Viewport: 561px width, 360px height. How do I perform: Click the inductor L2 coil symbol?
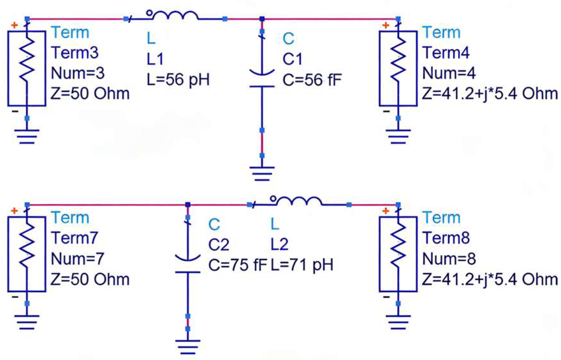click(x=299, y=202)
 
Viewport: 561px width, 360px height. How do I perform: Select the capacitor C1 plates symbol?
click(x=262, y=80)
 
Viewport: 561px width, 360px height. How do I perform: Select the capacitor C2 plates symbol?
click(x=188, y=265)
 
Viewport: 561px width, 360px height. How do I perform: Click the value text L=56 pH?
click(x=178, y=80)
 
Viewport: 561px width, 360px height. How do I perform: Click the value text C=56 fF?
click(x=312, y=80)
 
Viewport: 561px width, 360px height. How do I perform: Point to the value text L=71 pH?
click(x=302, y=265)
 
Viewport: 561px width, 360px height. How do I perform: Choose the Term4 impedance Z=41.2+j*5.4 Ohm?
click(x=490, y=94)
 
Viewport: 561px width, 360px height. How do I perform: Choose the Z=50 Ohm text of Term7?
click(x=90, y=279)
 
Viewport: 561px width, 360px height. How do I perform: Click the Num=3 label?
click(x=77, y=73)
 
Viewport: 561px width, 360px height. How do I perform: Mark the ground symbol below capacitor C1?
click(x=262, y=174)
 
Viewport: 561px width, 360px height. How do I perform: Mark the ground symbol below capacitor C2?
click(x=188, y=347)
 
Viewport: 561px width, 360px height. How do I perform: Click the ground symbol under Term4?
click(x=398, y=136)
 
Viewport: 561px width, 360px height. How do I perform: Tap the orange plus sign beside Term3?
click(x=14, y=25)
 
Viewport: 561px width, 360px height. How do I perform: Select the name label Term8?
click(x=446, y=238)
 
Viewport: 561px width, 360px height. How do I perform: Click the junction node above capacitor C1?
click(x=262, y=19)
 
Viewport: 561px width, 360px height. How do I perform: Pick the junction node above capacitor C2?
click(x=188, y=205)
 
